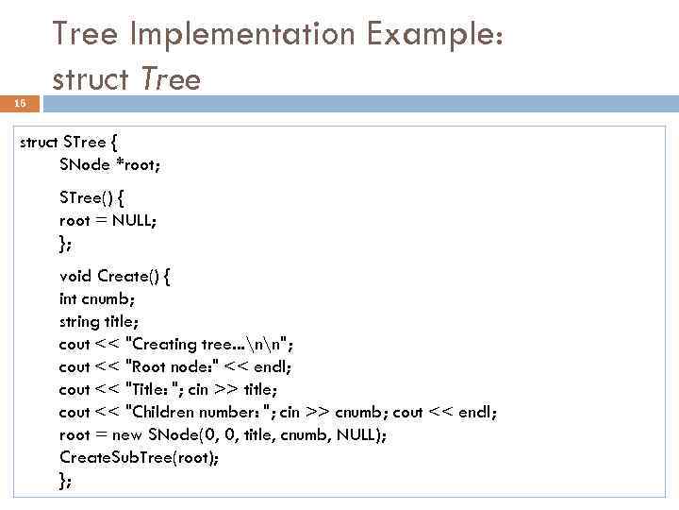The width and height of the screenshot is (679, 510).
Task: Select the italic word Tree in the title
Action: point(170,79)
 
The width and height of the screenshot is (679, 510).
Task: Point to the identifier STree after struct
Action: point(84,143)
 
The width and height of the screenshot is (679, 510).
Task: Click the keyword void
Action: point(75,276)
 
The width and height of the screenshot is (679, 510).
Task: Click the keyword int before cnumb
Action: point(69,298)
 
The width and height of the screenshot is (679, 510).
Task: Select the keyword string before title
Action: point(78,321)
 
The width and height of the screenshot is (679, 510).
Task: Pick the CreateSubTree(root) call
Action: point(138,457)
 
